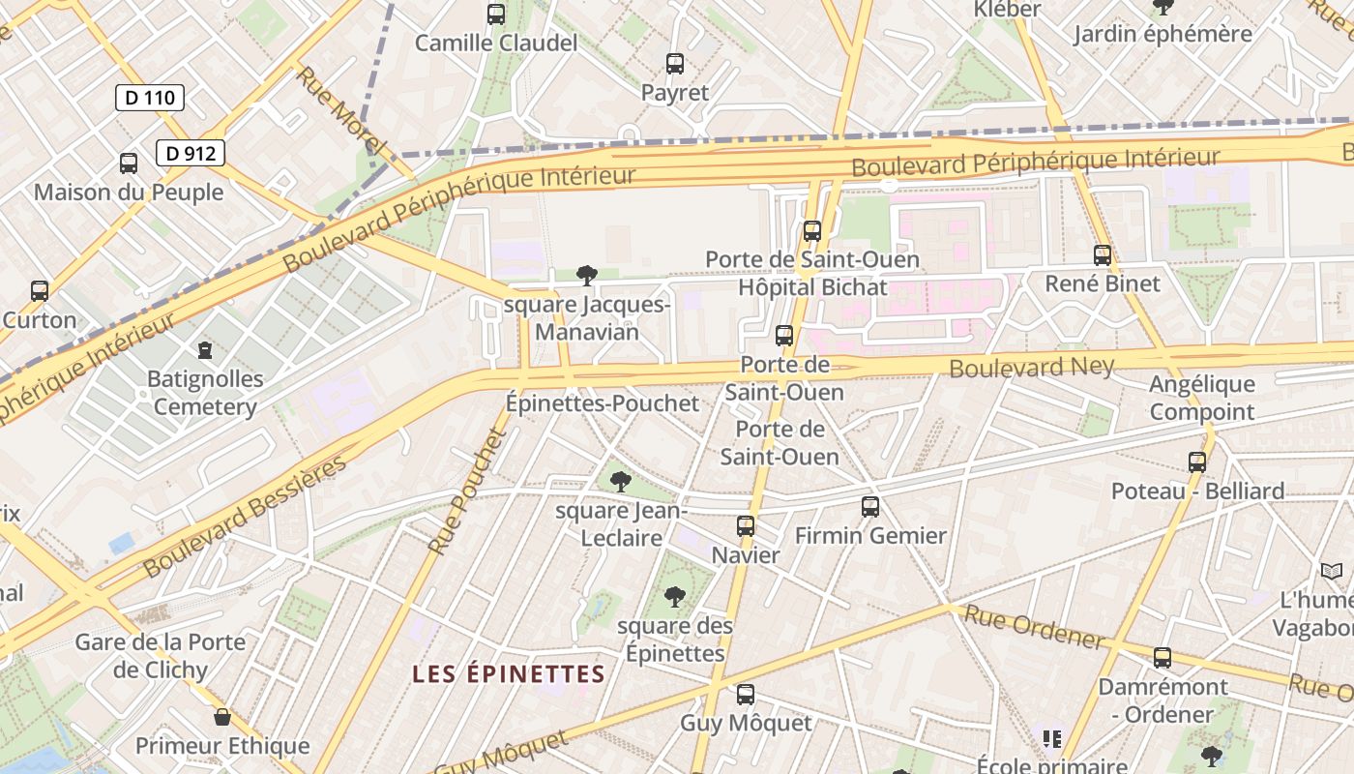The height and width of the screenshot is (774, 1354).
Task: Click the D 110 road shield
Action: (150, 97)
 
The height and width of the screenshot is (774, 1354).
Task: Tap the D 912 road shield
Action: (191, 152)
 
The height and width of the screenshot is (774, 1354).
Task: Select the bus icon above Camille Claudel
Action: (496, 15)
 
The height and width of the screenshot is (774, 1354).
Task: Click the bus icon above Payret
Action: (675, 65)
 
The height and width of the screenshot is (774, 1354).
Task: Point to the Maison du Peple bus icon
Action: (129, 164)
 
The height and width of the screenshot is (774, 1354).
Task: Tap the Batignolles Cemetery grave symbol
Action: (204, 349)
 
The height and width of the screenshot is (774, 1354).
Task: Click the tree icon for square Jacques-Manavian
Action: (586, 276)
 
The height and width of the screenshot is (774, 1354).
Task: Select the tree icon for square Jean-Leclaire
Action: (621, 481)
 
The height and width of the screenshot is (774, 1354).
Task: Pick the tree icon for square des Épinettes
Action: (675, 597)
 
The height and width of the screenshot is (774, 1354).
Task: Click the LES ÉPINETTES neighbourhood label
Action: (509, 674)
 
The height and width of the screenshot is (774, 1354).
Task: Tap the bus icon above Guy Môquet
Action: (746, 694)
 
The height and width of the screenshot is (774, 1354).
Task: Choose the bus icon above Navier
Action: (746, 526)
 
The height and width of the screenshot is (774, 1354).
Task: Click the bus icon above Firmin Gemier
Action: (870, 506)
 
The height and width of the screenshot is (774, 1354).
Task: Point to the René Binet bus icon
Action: (1103, 255)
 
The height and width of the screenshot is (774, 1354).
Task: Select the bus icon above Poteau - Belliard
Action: (1197, 462)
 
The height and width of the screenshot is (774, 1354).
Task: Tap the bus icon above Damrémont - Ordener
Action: (1163, 658)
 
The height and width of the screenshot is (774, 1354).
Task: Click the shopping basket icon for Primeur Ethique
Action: (222, 717)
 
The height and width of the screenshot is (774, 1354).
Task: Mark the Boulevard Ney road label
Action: (1032, 367)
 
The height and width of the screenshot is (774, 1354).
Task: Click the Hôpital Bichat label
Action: (812, 287)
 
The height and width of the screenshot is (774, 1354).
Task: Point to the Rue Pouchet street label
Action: (468, 492)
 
